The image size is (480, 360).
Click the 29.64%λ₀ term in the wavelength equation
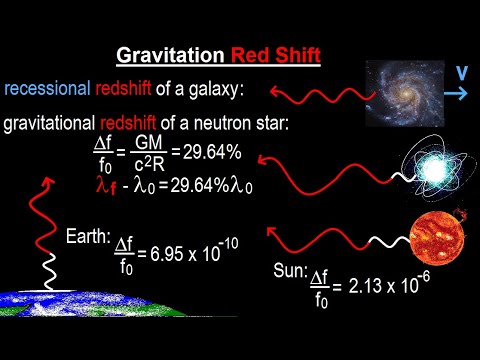[x=216, y=186]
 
